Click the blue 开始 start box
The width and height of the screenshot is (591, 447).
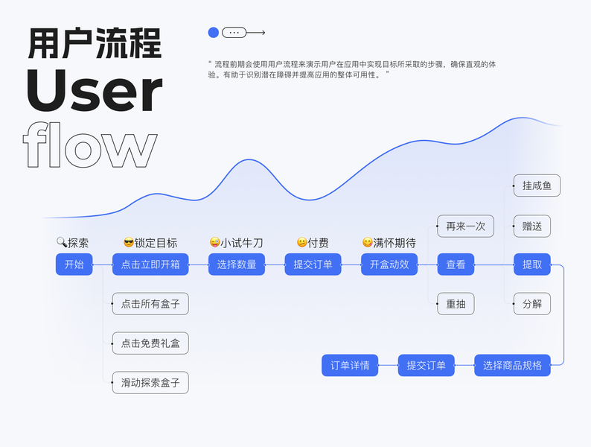[74, 264]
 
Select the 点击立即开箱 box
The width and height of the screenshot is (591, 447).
[150, 264]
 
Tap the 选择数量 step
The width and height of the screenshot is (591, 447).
[237, 264]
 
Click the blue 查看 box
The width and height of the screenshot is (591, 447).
[456, 264]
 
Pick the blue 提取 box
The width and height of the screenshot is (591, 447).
[532, 264]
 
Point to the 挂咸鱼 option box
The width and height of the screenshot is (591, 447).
[537, 186]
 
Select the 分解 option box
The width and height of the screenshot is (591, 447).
[532, 304]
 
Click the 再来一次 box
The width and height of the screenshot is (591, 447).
[465, 226]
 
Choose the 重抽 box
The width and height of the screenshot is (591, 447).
[456, 304]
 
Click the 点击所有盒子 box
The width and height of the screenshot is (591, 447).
[150, 304]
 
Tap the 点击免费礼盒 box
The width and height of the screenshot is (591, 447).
[150, 343]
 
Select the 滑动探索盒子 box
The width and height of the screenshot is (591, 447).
[150, 383]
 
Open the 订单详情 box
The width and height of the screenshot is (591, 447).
[350, 365]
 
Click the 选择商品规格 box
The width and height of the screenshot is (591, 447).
[512, 365]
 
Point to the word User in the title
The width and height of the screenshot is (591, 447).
[94, 92]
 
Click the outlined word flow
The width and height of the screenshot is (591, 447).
[90, 146]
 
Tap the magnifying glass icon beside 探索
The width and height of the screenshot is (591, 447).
[62, 242]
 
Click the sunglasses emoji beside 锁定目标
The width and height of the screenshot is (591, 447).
[128, 242]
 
